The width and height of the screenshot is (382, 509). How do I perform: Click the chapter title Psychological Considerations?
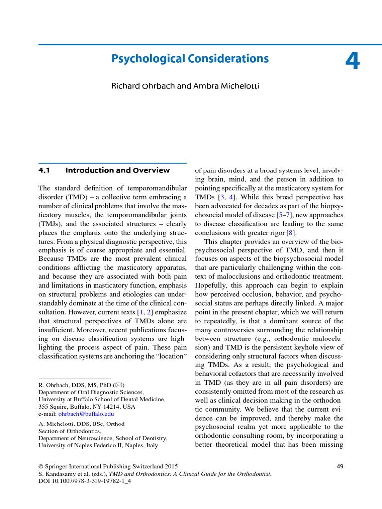190,59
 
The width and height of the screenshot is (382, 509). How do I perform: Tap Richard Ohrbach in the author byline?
143,86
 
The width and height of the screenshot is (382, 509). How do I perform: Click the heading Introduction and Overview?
117,170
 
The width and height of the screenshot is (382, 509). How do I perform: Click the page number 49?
340,466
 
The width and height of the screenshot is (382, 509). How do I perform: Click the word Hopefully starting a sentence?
211,286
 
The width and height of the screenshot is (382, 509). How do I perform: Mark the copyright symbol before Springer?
41,466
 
